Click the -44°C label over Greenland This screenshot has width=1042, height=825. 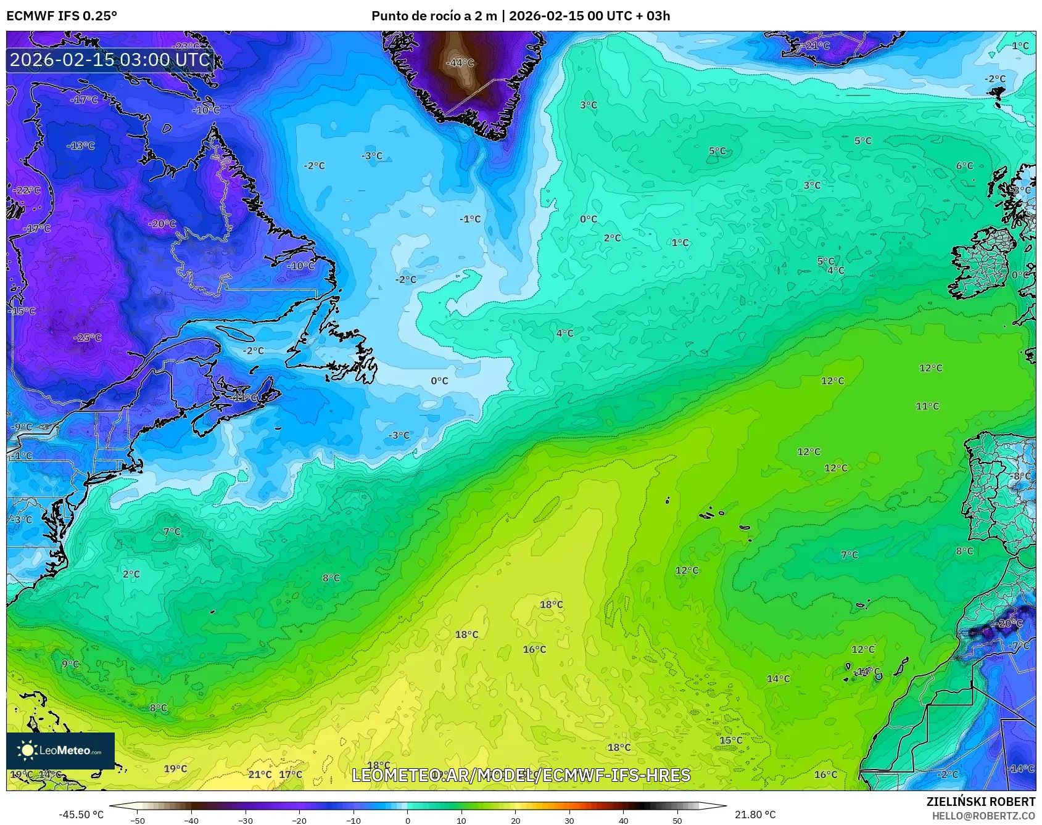click(460, 63)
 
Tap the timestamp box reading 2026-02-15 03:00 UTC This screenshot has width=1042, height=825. click(110, 60)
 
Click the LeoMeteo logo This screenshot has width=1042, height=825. click(60, 750)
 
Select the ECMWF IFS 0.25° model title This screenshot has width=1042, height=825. click(62, 16)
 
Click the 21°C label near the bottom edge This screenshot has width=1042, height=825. click(260, 774)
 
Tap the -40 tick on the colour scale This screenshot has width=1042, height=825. click(192, 820)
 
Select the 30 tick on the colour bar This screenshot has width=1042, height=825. click(569, 820)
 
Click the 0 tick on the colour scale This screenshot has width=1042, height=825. click(407, 820)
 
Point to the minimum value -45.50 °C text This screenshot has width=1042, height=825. click(81, 815)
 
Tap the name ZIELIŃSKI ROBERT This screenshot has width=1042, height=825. click(981, 802)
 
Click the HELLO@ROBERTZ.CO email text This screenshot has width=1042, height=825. click(983, 816)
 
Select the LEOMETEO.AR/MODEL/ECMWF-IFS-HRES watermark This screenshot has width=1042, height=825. click(521, 775)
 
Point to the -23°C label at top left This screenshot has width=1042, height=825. click(186, 47)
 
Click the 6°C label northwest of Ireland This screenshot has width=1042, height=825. click(964, 166)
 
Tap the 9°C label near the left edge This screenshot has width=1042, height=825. click(70, 664)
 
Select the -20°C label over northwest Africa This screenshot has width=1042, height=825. click(1007, 623)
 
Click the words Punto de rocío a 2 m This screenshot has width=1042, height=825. click(434, 16)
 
